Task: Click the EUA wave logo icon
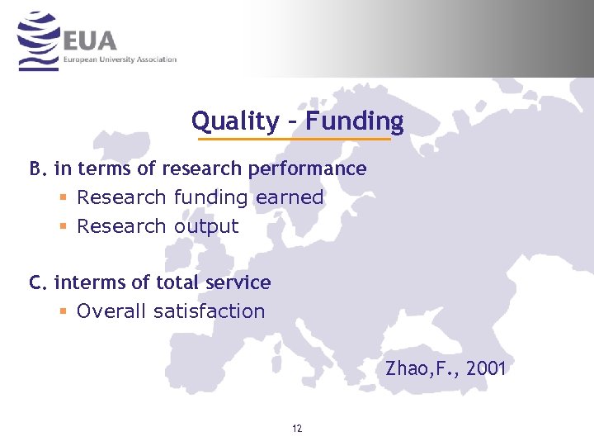(x=39, y=41)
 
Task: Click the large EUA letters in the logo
(x=90, y=40)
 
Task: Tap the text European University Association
(x=120, y=59)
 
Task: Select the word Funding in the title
(x=355, y=121)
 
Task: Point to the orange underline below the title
(x=297, y=139)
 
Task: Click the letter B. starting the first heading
(x=38, y=168)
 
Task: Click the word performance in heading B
(x=317, y=169)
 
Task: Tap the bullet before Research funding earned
(x=63, y=197)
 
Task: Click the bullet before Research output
(x=63, y=226)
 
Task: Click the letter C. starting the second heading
(x=38, y=282)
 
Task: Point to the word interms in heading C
(x=82, y=282)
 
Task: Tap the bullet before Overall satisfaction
(x=63, y=311)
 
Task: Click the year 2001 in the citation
(x=486, y=368)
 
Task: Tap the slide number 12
(x=297, y=429)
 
